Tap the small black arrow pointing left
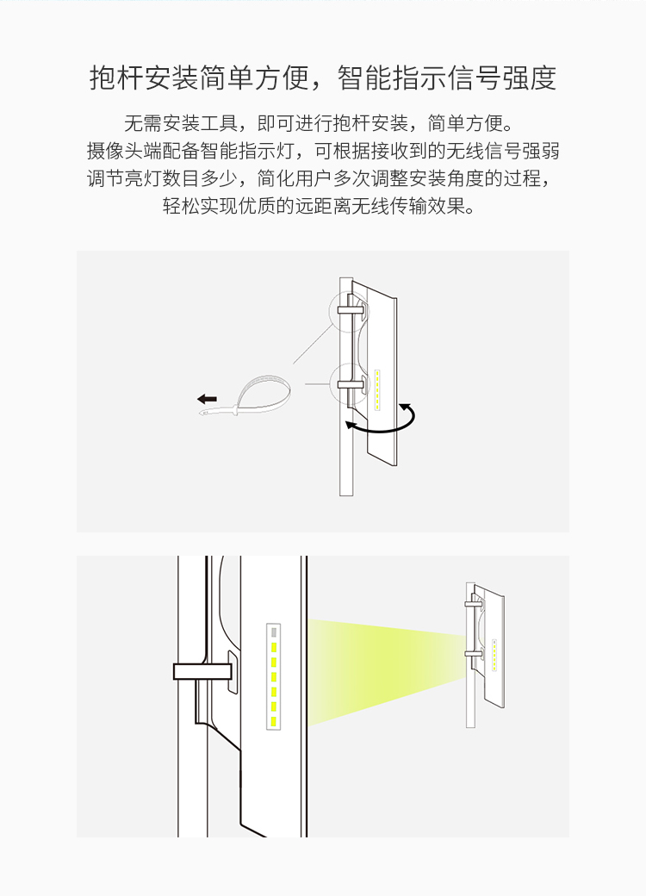[207, 399]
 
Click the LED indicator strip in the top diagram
[377, 389]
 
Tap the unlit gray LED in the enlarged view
[274, 632]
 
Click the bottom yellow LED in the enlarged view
[274, 722]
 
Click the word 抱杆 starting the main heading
[116, 78]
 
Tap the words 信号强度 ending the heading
[501, 78]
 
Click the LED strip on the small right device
[494, 654]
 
